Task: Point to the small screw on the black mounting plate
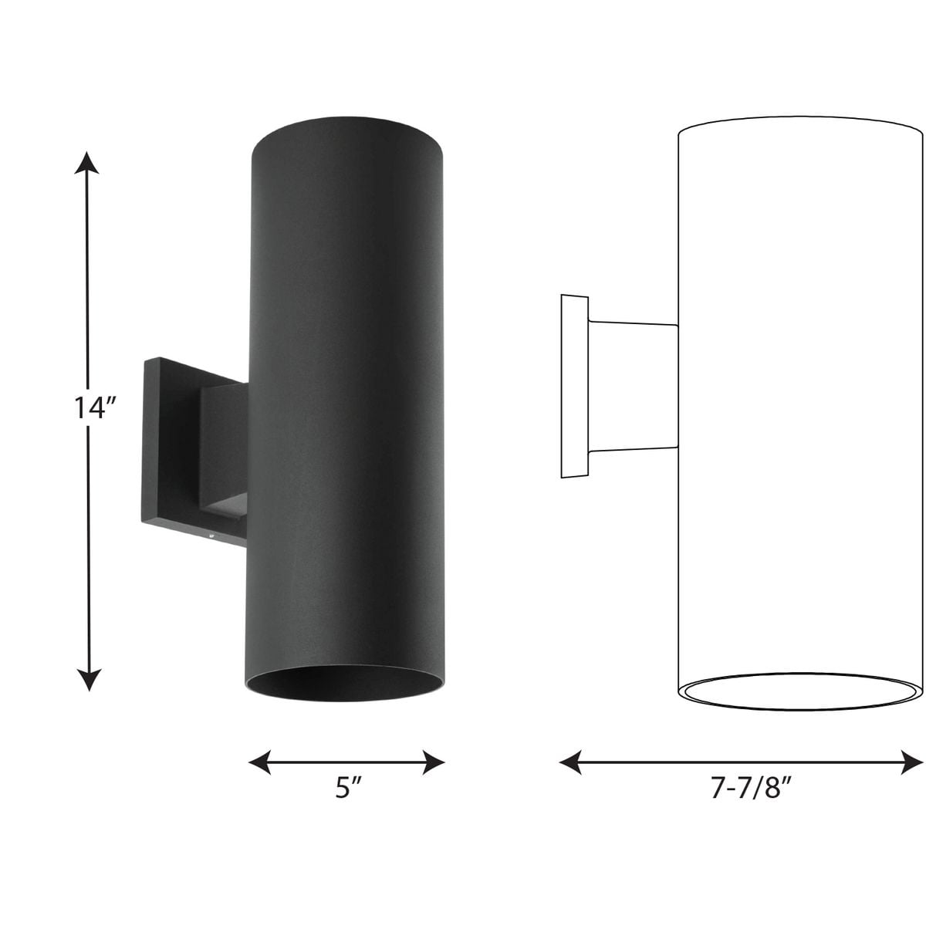point(208,532)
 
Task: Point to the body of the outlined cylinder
point(799,401)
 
